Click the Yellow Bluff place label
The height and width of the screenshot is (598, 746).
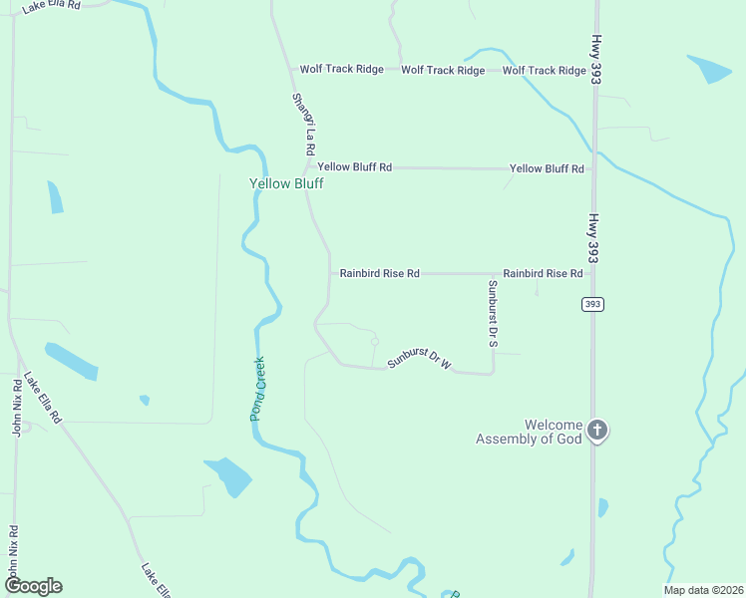286,183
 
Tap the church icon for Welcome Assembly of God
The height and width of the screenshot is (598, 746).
597,431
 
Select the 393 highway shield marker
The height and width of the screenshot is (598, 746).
593,304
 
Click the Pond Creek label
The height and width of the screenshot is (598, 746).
257,389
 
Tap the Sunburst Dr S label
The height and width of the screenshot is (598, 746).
492,313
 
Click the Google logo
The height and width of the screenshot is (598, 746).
33,586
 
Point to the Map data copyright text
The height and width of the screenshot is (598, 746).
702,590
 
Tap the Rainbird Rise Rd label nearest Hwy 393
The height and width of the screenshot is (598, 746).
543,273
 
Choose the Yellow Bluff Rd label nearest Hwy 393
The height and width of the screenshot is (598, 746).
547,169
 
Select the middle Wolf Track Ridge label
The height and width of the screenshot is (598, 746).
443,71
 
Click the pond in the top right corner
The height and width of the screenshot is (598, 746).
709,69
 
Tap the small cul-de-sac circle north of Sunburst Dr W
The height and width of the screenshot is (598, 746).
375,342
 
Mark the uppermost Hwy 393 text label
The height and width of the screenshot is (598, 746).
595,59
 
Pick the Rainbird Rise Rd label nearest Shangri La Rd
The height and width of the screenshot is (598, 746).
379,273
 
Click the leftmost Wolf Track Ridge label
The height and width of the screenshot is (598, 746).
342,70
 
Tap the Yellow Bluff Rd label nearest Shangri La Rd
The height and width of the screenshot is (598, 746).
355,167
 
